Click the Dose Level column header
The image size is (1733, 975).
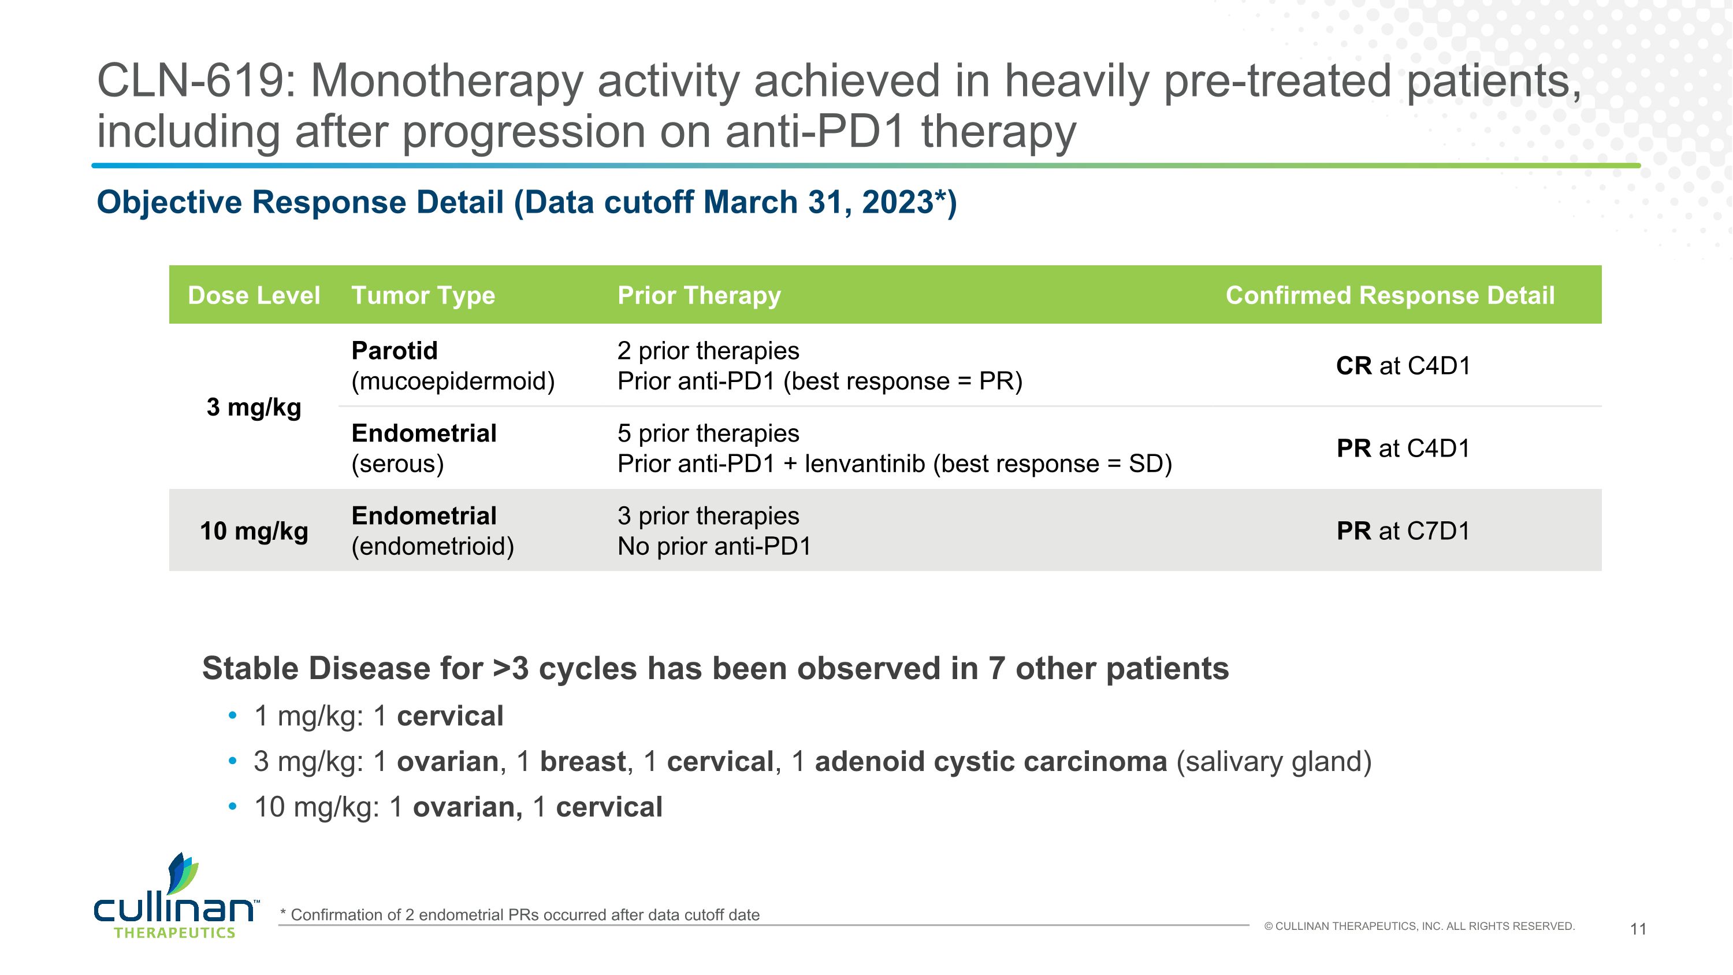(254, 295)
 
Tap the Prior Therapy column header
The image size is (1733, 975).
(699, 295)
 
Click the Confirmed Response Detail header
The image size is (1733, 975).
(1390, 295)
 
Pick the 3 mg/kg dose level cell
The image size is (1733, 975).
(254, 407)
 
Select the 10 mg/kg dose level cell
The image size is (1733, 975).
(254, 531)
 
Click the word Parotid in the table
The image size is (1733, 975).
(394, 351)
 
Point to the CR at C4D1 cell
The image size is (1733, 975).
(1403, 366)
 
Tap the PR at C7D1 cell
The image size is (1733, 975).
(1403, 531)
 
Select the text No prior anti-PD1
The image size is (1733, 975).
(714, 546)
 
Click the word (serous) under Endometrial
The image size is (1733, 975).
(397, 464)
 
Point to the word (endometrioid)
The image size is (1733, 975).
(433, 546)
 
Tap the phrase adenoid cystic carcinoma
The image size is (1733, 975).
(990, 762)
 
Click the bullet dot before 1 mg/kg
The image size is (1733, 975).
(233, 716)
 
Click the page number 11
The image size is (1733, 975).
(1638, 929)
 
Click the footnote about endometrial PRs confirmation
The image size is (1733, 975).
(519, 914)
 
